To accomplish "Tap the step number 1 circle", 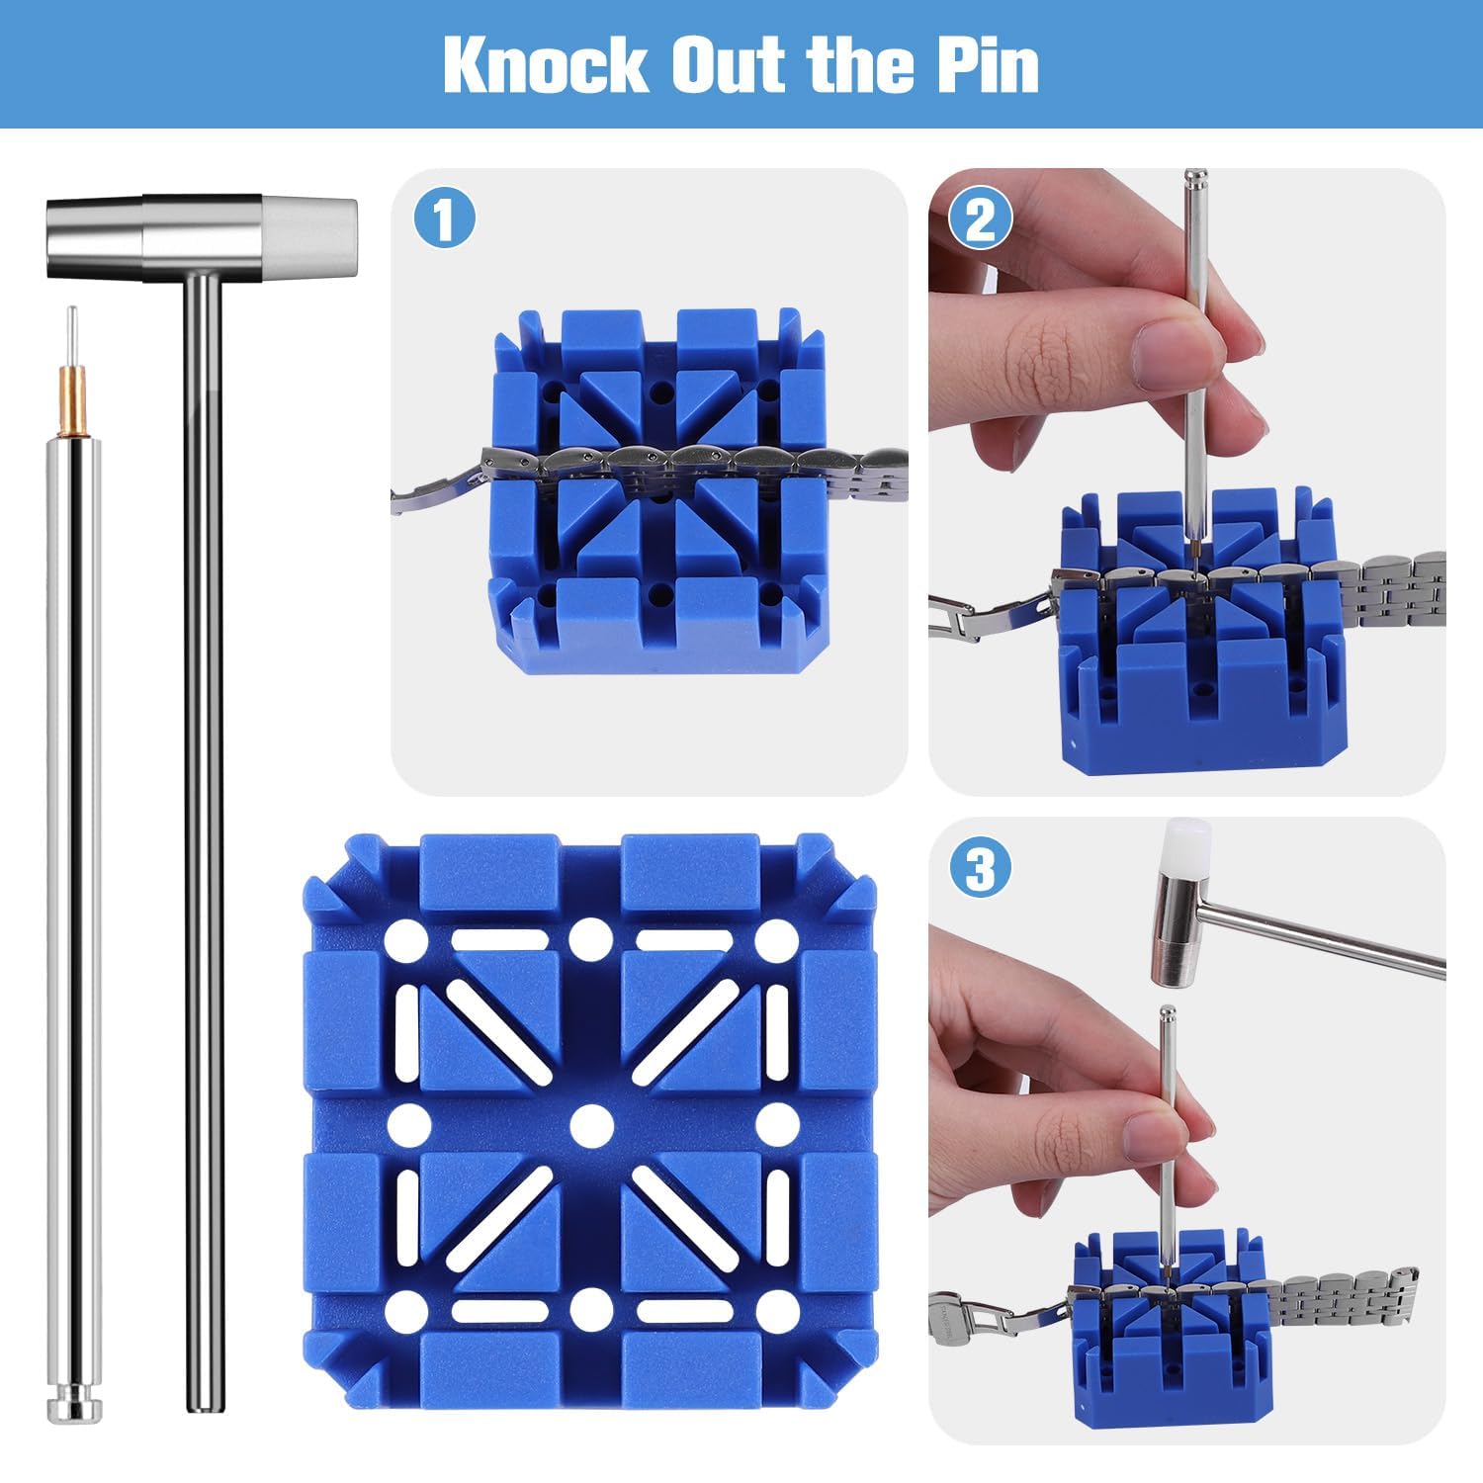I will coord(445,219).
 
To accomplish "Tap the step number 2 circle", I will coord(980,219).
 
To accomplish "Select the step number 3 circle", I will coord(980,870).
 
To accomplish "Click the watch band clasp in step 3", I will coord(974,1312).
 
